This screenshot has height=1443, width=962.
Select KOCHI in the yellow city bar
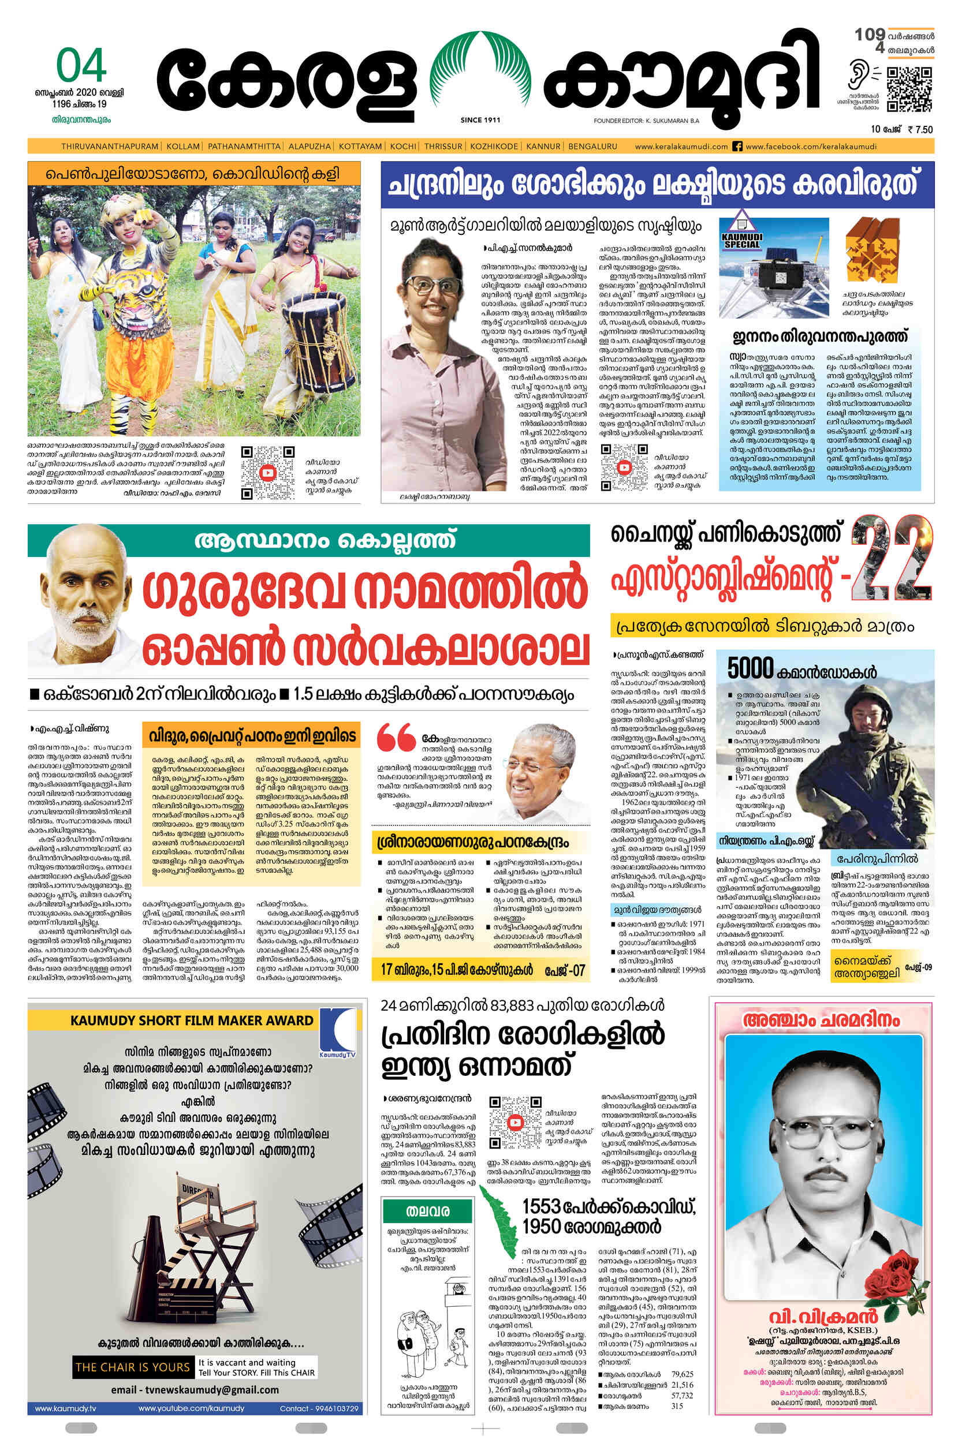pos(403,147)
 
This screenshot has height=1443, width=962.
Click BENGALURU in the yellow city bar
pos(592,147)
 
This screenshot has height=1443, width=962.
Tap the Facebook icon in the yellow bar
pos(737,147)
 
